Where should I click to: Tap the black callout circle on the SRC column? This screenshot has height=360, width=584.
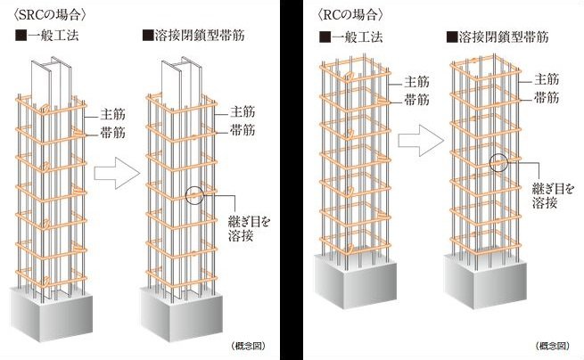[196, 196]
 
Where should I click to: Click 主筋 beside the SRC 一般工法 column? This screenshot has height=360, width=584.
[97, 116]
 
